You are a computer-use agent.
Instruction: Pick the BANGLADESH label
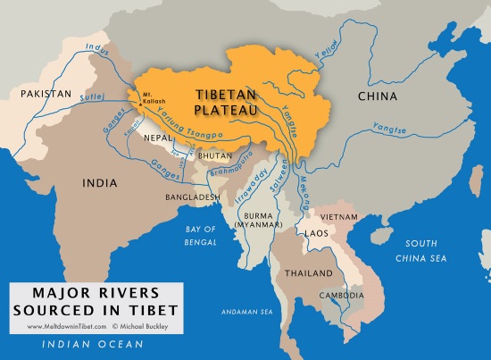191,196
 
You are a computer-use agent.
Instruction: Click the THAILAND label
308,272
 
